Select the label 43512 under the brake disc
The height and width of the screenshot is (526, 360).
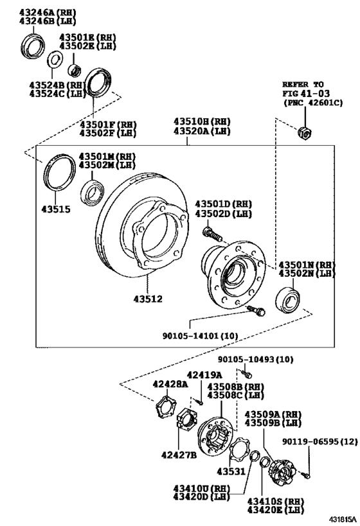click(148, 299)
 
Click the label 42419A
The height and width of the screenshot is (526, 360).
click(204, 375)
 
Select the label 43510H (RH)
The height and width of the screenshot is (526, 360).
click(201, 121)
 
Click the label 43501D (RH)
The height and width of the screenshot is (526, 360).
click(224, 204)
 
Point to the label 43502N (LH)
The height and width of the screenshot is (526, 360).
click(307, 274)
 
